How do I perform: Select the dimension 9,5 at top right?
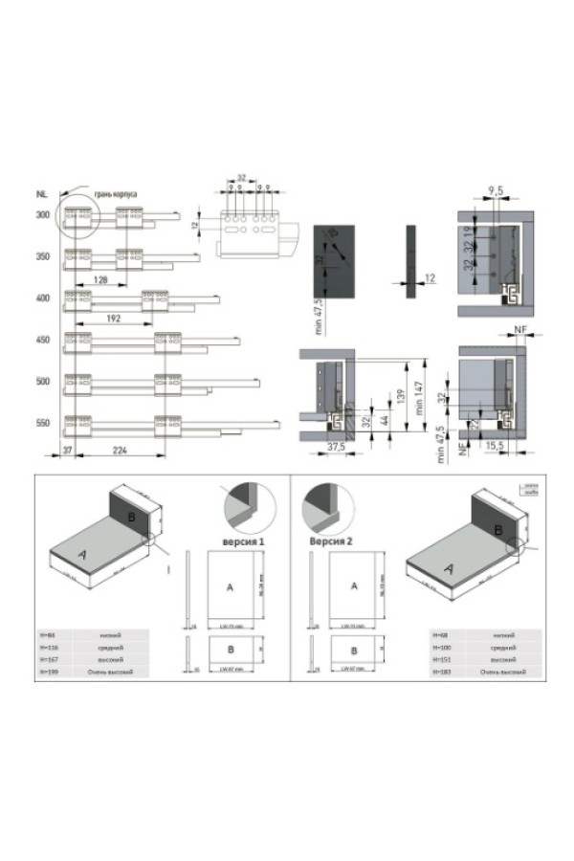coord(496,191)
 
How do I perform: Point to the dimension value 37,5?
coord(335,446)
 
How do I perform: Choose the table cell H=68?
coord(441,634)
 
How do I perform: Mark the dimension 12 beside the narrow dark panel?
coord(430,278)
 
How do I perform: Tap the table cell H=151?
coord(442,660)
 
